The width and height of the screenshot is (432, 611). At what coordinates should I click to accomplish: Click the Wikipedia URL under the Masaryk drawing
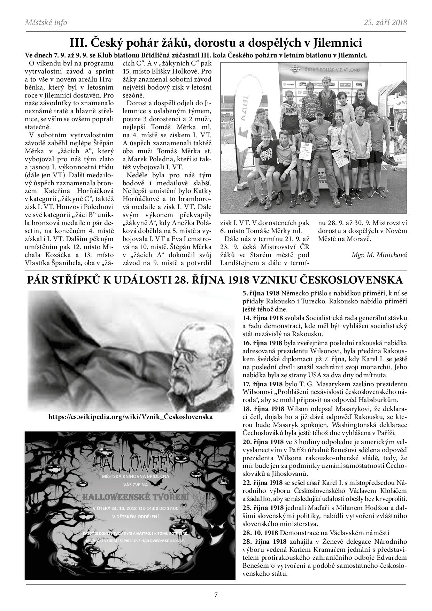[x=131, y=417]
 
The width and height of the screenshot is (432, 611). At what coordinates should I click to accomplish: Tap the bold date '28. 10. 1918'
[x=260, y=533]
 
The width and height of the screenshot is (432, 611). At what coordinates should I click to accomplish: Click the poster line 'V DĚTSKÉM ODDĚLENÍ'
[x=135, y=517]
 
